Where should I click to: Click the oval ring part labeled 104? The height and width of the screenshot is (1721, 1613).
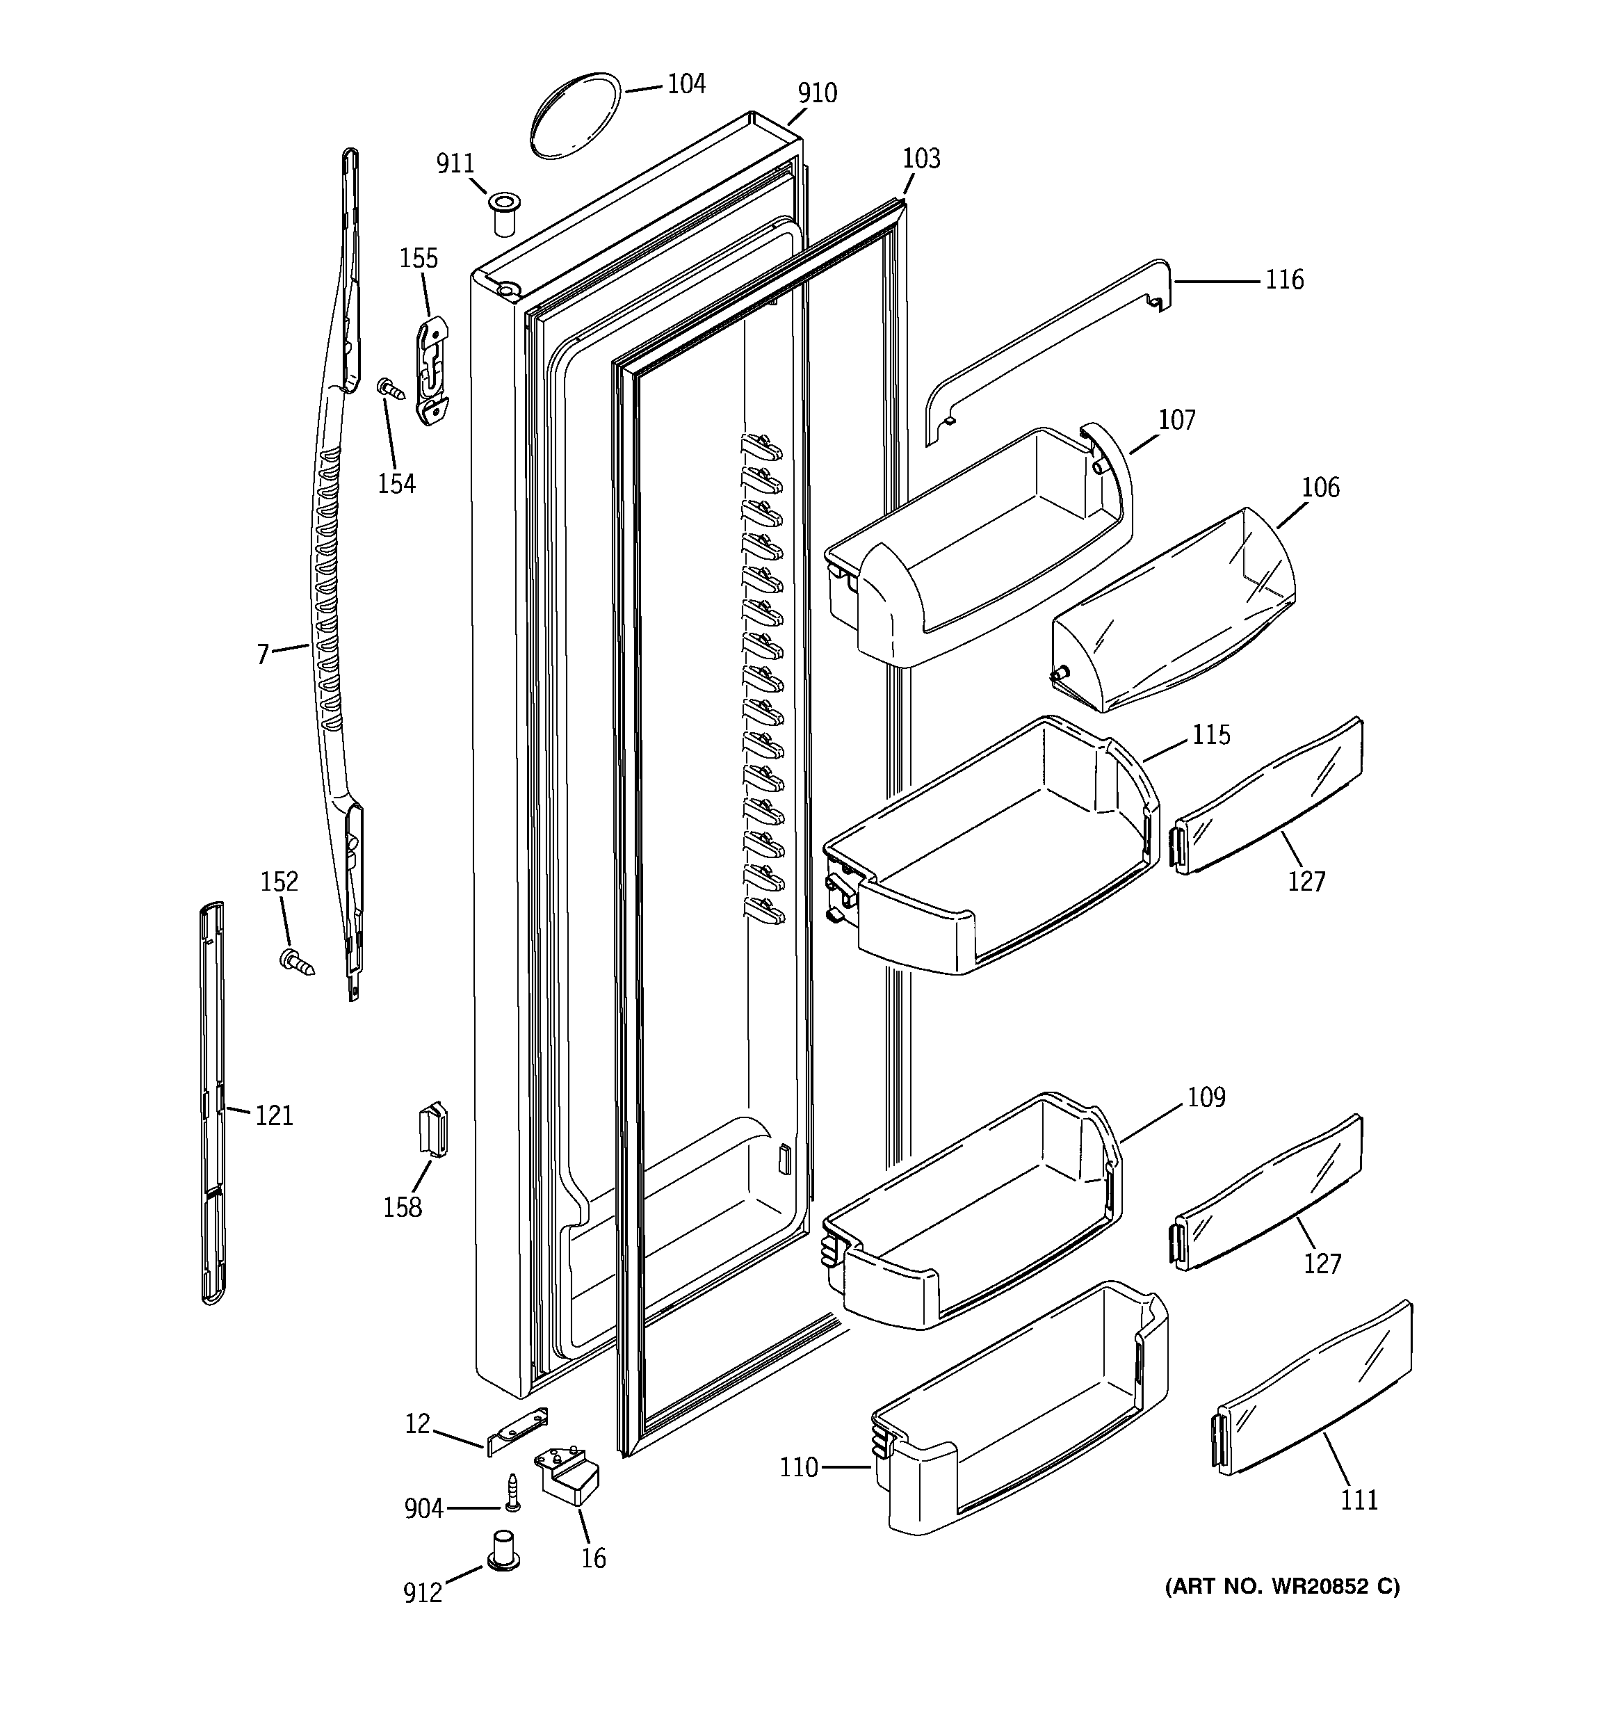(575, 116)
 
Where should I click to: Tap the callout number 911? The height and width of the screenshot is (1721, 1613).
(455, 163)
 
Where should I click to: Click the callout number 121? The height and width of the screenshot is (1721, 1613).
(274, 1116)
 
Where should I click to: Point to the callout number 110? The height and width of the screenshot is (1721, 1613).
(798, 1467)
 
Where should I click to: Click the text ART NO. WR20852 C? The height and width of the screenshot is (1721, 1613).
(1282, 1586)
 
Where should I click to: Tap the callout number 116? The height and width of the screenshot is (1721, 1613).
(1284, 280)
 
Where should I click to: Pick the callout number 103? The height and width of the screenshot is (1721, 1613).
(921, 159)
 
